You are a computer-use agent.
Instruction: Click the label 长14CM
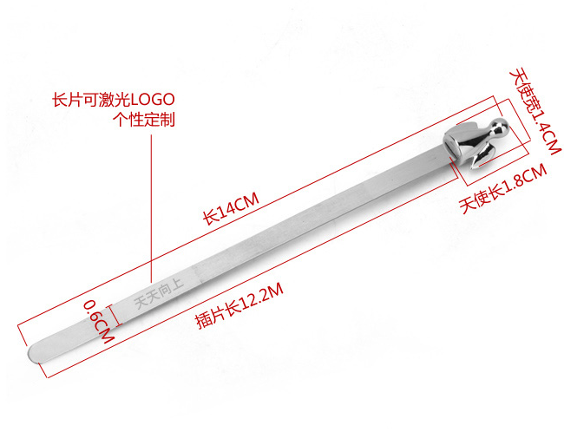[x=231, y=209]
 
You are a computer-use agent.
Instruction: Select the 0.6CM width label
[x=97, y=323]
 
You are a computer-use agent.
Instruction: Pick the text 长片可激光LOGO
[x=114, y=101]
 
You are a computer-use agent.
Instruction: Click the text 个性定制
[x=145, y=120]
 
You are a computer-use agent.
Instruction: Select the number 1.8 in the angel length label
[x=514, y=187]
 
